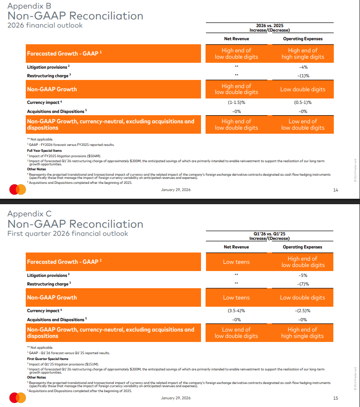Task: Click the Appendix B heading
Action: (x=29, y=6)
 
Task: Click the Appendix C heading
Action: (x=30, y=214)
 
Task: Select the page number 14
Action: (x=335, y=190)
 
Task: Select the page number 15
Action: (x=335, y=398)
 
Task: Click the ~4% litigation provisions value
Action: (x=303, y=67)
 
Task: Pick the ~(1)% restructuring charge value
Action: (x=303, y=75)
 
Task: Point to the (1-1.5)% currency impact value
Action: (x=236, y=103)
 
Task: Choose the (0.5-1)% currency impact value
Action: (x=303, y=103)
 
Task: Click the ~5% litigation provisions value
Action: (x=303, y=275)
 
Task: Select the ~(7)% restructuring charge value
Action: (x=303, y=284)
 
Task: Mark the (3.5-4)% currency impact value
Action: (x=236, y=311)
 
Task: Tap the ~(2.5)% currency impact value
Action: (x=303, y=311)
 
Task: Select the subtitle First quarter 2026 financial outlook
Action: (x=68, y=234)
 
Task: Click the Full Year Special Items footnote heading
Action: (x=44, y=150)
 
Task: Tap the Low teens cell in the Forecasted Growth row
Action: (x=236, y=262)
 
